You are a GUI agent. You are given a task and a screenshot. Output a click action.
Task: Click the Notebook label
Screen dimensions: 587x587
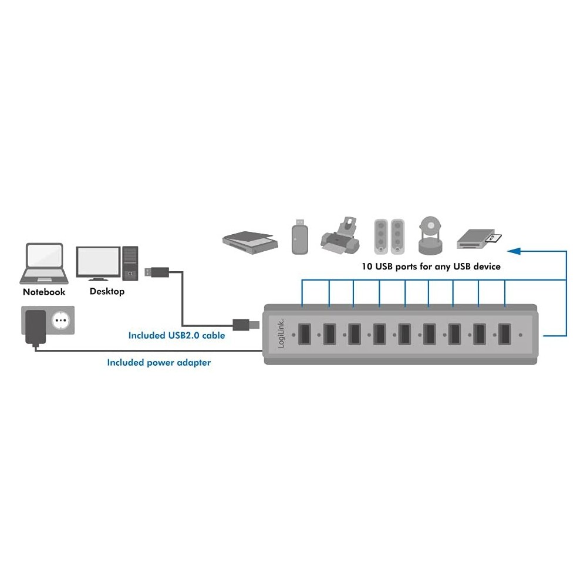[44, 292]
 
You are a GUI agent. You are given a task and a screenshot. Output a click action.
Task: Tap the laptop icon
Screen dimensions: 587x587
[44, 264]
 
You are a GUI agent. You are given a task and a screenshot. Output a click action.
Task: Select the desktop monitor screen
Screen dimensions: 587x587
[99, 261]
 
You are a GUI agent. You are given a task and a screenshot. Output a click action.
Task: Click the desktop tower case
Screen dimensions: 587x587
[130, 263]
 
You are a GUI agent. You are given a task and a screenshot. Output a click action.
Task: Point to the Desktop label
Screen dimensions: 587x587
[107, 291]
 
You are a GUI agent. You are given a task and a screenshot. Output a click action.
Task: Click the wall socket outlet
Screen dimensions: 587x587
[60, 321]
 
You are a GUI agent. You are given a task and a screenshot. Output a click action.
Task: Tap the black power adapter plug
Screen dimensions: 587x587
[36, 327]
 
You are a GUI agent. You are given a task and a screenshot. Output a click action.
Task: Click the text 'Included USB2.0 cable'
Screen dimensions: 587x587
[177, 335]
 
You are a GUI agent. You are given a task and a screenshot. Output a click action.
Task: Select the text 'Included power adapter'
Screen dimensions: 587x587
[159, 362]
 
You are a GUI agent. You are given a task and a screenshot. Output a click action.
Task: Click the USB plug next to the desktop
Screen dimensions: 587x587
[157, 272]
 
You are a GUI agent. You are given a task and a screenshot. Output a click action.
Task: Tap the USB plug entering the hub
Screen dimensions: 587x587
[246, 325]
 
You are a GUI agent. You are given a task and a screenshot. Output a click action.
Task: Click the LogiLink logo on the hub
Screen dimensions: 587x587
[281, 334]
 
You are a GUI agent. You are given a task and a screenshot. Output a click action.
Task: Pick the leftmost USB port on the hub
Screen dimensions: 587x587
[304, 335]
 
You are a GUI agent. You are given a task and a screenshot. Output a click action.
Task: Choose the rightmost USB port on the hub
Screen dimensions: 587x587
[504, 335]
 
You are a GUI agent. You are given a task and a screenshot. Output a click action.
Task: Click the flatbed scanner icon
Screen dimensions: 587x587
[250, 242]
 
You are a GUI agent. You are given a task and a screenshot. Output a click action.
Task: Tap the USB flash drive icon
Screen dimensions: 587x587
[300, 237]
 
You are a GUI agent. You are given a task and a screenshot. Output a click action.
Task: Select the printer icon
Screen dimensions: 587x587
[340, 235]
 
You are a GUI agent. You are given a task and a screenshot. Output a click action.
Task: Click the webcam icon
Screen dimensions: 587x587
[430, 235]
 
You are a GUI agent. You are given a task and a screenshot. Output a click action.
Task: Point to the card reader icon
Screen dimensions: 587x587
[479, 239]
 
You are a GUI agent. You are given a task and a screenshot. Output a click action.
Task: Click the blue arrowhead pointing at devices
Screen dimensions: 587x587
[514, 251]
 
